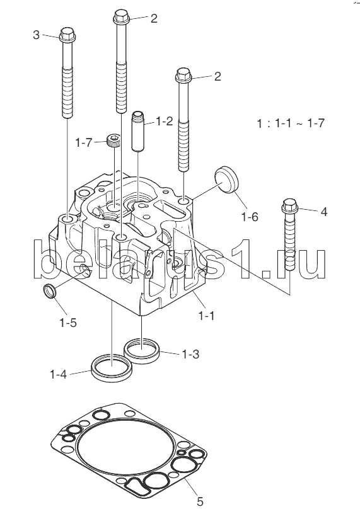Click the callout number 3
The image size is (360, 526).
(37, 35)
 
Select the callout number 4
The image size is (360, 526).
(323, 212)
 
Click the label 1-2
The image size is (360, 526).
(164, 122)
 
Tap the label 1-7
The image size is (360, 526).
(83, 143)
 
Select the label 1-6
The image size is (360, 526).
(250, 217)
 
